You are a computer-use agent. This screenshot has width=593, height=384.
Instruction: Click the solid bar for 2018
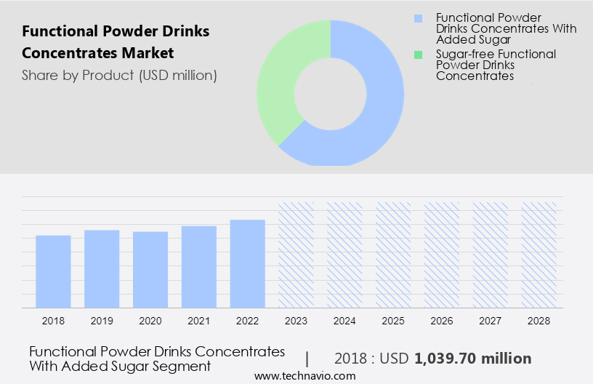tap(53, 271)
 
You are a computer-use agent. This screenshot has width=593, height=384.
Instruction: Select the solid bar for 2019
tap(102, 268)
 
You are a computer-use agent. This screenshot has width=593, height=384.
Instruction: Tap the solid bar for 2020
tap(150, 269)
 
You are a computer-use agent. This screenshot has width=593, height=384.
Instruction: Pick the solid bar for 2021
tap(199, 266)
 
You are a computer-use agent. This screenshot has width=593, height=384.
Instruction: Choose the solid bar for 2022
tap(248, 263)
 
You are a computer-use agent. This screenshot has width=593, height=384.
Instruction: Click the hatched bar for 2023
tap(296, 255)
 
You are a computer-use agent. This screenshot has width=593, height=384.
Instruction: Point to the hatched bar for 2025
tap(393, 255)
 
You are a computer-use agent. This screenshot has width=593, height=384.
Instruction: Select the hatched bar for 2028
tap(539, 255)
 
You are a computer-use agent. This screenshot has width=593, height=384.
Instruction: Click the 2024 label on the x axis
tap(344, 320)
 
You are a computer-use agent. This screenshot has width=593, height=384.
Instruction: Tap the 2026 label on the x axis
tap(442, 320)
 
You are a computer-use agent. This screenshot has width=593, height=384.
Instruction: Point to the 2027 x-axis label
tap(491, 320)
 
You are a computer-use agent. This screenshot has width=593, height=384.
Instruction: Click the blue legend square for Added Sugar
tap(417, 17)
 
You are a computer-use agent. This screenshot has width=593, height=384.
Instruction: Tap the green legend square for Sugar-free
tap(417, 54)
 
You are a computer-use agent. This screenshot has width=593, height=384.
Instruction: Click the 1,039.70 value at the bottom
tap(472, 359)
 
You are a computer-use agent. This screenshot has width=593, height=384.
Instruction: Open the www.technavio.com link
tap(305, 376)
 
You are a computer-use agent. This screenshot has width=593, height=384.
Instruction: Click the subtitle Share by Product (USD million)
tap(119, 75)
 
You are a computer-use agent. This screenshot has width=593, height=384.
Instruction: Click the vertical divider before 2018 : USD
tap(307, 359)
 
